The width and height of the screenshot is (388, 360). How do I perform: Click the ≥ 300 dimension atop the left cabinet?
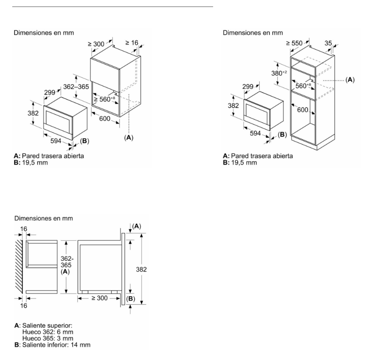tap(96, 44)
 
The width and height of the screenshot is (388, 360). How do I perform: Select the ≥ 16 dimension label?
tap(132, 43)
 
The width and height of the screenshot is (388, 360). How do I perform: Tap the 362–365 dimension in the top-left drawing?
tap(76, 87)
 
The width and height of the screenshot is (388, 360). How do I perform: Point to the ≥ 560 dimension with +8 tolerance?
tap(104, 99)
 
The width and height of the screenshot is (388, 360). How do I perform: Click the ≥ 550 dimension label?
tap(294, 43)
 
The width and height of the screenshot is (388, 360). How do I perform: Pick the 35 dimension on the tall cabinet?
tap(328, 43)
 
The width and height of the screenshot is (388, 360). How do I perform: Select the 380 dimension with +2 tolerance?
tap(279, 73)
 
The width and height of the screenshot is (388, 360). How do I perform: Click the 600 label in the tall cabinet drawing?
tap(303, 110)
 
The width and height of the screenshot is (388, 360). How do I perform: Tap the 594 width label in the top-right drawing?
tap(255, 133)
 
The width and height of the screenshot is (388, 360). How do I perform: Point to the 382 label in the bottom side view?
tap(141, 270)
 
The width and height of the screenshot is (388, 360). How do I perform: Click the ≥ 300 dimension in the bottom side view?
tap(99, 298)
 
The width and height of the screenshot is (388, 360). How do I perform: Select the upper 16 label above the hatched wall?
tap(23, 229)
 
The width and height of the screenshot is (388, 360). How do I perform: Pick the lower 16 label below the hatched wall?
tap(23, 306)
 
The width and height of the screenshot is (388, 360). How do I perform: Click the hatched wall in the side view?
tap(19, 267)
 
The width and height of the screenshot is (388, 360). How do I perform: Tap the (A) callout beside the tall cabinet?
tap(350, 80)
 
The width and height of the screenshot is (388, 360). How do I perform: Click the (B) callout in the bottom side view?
tap(131, 299)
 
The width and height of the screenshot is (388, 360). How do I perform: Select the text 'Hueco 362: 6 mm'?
tap(48, 332)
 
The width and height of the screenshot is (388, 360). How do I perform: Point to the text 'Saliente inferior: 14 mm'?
tap(57, 345)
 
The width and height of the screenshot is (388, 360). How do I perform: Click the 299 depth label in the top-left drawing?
tap(50, 92)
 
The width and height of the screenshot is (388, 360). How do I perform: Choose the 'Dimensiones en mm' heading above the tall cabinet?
tap(253, 32)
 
